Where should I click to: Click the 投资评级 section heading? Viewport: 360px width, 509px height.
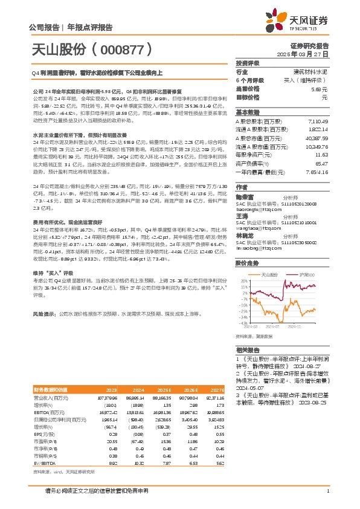click(248, 63)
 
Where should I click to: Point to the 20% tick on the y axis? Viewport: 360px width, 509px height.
click(244, 281)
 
